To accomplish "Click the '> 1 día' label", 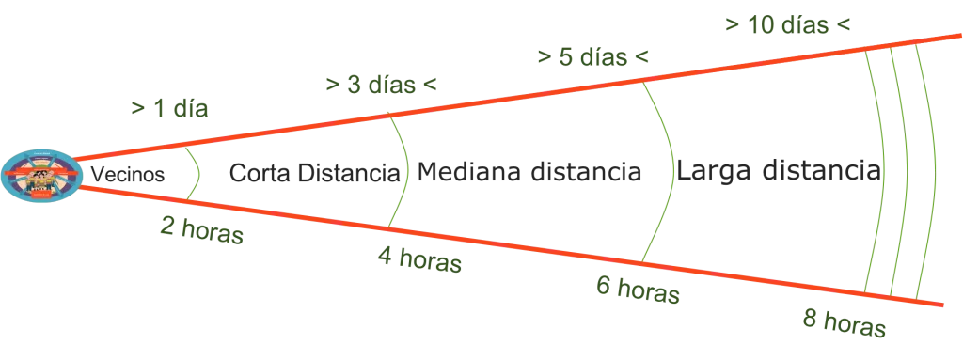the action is pyautogui.click(x=169, y=109).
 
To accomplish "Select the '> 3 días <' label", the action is pyautogui.click(x=382, y=85).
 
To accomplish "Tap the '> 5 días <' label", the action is pyautogui.click(x=592, y=57).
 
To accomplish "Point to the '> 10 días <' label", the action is pyautogui.click(x=788, y=25).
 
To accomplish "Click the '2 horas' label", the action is pyautogui.click(x=202, y=230).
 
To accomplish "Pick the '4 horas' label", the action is pyautogui.click(x=419, y=259).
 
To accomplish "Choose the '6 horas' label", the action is pyautogui.click(x=639, y=290).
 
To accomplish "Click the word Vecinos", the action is pyautogui.click(x=128, y=175).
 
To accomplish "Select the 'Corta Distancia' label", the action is pyautogui.click(x=314, y=173).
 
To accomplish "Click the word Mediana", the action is pyautogui.click(x=470, y=171).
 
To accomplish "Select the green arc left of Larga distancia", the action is pyautogui.click(x=673, y=172).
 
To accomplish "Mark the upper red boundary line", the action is pyautogui.click(x=516, y=98).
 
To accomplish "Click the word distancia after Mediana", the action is pyautogui.click(x=586, y=171).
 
